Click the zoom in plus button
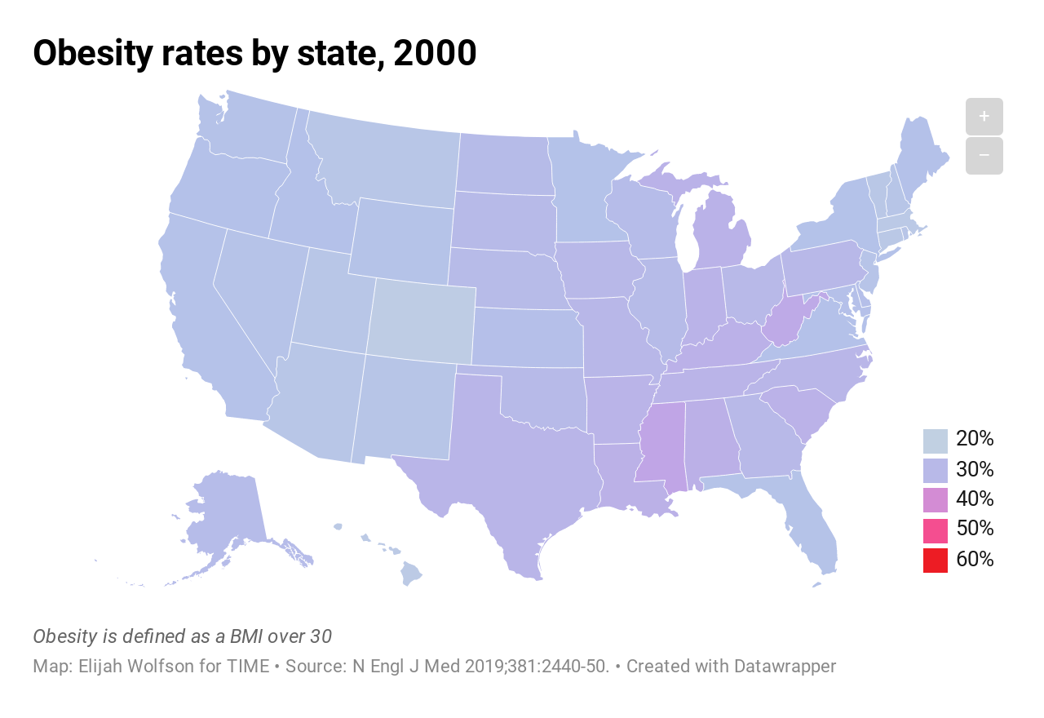[984, 117]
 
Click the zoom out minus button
[984, 156]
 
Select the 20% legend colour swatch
[936, 441]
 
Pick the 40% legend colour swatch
[936, 500]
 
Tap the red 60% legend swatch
[936, 561]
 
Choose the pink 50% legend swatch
[936, 530]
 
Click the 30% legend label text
[975, 469]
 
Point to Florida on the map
[812, 530]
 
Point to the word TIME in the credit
[246, 666]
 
